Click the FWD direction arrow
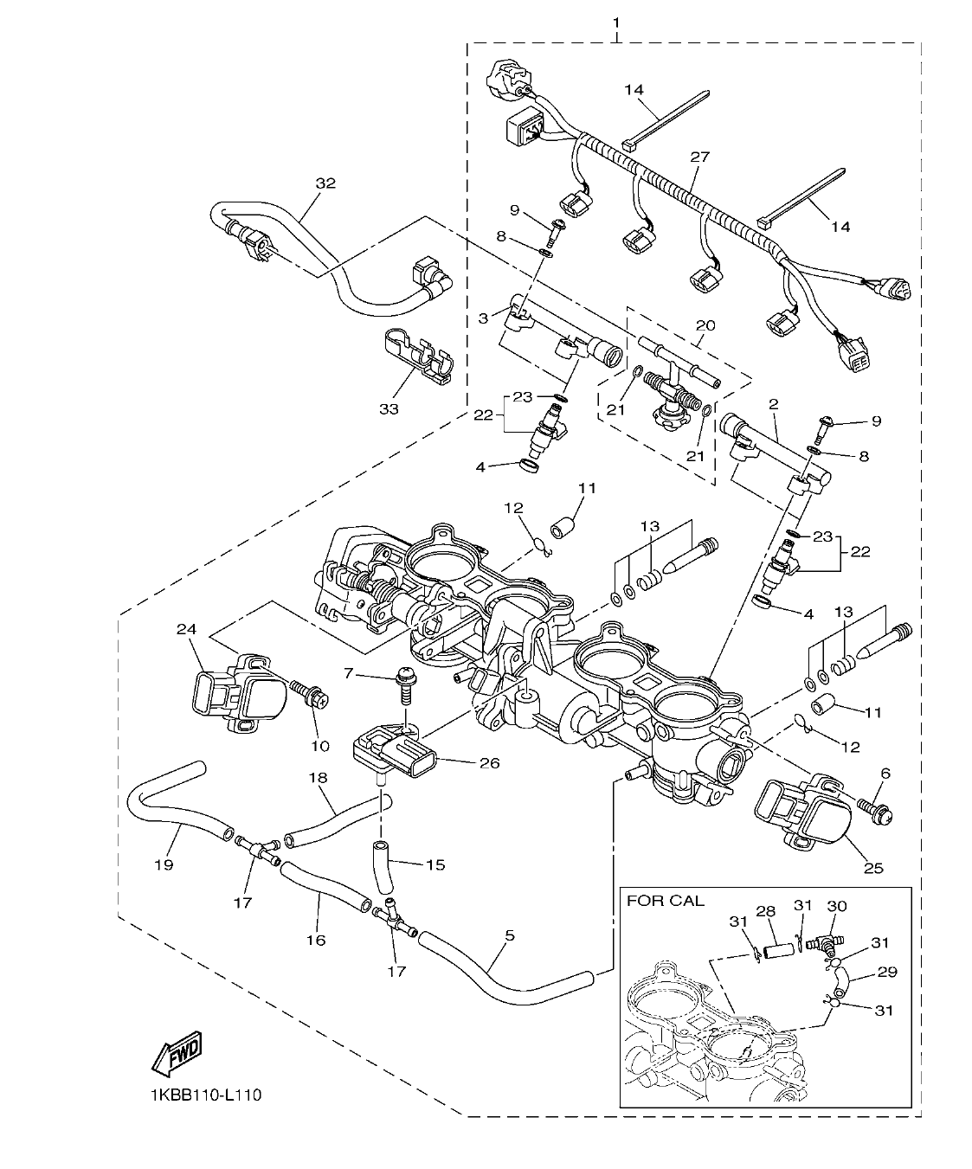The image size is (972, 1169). (177, 1051)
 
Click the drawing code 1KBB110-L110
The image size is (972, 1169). (204, 1095)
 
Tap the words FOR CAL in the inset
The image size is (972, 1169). (665, 900)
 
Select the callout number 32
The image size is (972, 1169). (325, 183)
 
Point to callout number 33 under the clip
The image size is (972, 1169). (389, 408)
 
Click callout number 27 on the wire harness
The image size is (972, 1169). (699, 157)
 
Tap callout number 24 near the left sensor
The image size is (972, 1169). (186, 629)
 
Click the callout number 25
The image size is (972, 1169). (873, 868)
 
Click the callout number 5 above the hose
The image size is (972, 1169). (509, 935)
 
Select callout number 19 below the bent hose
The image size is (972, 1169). (164, 864)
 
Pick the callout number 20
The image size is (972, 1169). (705, 325)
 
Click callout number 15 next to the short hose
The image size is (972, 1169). (435, 864)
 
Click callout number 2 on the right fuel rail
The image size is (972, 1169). (773, 404)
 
